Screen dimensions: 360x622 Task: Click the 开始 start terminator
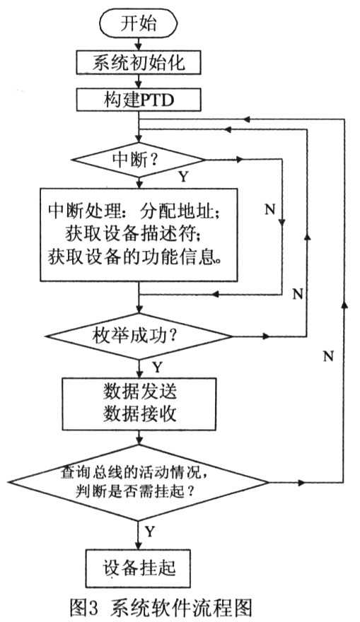tap(138, 24)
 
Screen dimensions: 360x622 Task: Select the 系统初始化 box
tap(138, 63)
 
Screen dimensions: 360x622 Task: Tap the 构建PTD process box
tap(138, 100)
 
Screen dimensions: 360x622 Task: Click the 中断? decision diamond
tap(138, 160)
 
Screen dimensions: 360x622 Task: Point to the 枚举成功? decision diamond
tap(139, 336)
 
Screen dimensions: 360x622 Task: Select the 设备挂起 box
tap(138, 568)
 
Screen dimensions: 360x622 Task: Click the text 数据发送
tap(140, 392)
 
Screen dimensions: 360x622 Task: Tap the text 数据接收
tap(140, 414)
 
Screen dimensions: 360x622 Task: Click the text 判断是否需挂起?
tap(135, 492)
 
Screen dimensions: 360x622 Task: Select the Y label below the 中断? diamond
tap(183, 176)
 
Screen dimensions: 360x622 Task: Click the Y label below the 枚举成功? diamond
tap(158, 368)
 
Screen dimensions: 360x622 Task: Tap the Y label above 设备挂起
tap(150, 531)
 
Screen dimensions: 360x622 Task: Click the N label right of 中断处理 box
tap(270, 209)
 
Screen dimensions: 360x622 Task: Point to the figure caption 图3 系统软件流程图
tap(161, 607)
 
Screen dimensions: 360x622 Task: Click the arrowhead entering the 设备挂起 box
tap(139, 545)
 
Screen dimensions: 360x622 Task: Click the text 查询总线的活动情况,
tap(134, 472)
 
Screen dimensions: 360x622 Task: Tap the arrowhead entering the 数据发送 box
tap(139, 373)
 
